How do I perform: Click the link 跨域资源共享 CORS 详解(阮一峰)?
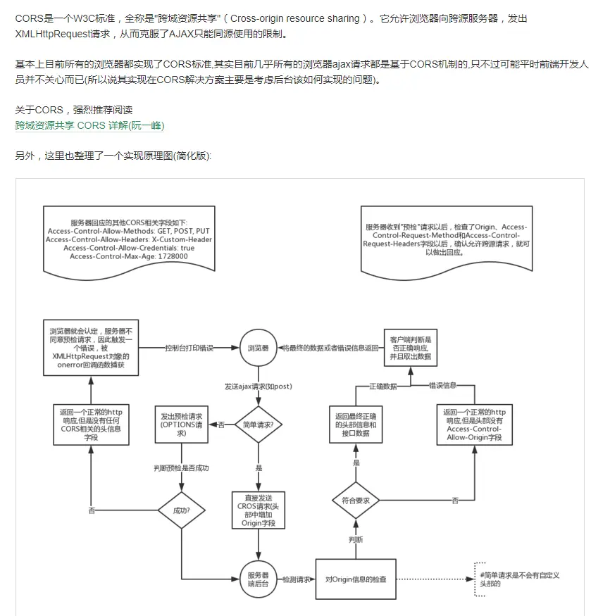[x=89, y=125]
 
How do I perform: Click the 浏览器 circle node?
[x=257, y=348]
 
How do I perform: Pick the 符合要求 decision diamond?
[x=356, y=500]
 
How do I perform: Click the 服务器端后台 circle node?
[x=257, y=579]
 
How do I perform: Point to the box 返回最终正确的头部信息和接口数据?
[x=356, y=425]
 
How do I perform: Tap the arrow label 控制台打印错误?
[x=189, y=348]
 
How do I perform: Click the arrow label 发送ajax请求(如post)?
[x=258, y=386]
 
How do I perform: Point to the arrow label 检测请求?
[x=296, y=579]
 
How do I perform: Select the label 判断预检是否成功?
[x=182, y=467]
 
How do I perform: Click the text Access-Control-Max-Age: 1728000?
[x=129, y=256]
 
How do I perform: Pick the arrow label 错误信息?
[x=443, y=386]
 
